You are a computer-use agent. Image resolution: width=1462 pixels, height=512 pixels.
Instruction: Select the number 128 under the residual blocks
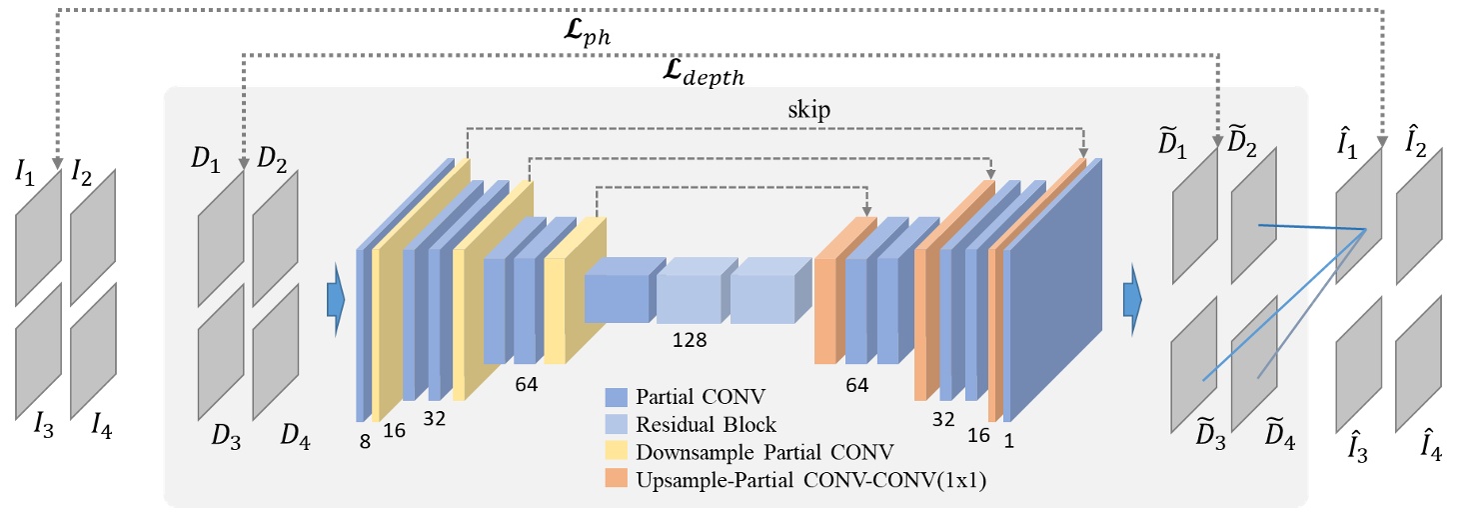pyautogui.click(x=690, y=340)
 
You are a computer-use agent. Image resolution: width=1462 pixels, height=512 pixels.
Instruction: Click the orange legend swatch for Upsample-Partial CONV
pyautogui.click(x=617, y=482)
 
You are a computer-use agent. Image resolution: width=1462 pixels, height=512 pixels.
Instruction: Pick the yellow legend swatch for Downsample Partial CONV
pyautogui.click(x=617, y=452)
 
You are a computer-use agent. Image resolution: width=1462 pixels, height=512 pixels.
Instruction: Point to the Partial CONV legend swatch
pyautogui.click(x=617, y=394)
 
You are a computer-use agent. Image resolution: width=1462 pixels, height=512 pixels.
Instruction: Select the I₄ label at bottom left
pyautogui.click(x=102, y=429)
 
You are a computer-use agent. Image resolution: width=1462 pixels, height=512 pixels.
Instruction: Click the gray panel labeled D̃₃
pyautogui.click(x=1193, y=364)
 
